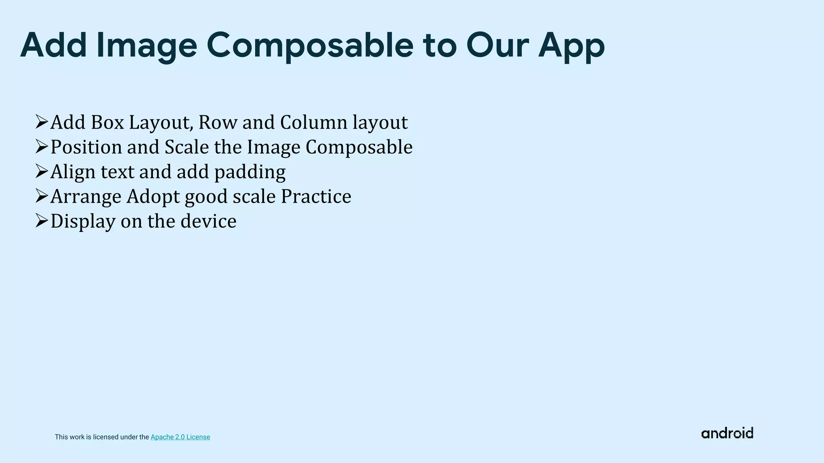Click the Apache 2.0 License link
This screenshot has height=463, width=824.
(x=180, y=437)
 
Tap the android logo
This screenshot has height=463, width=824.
(x=727, y=433)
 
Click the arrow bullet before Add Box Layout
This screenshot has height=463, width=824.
(x=41, y=122)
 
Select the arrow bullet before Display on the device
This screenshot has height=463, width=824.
(x=41, y=221)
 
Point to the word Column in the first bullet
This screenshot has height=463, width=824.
(x=313, y=122)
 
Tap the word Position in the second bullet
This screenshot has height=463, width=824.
(x=86, y=147)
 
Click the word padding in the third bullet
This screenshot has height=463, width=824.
(x=250, y=172)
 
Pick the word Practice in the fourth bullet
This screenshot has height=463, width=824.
(x=316, y=197)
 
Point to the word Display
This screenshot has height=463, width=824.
(x=83, y=221)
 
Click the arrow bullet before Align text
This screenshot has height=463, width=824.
(x=41, y=171)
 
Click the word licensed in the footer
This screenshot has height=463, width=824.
(x=105, y=437)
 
